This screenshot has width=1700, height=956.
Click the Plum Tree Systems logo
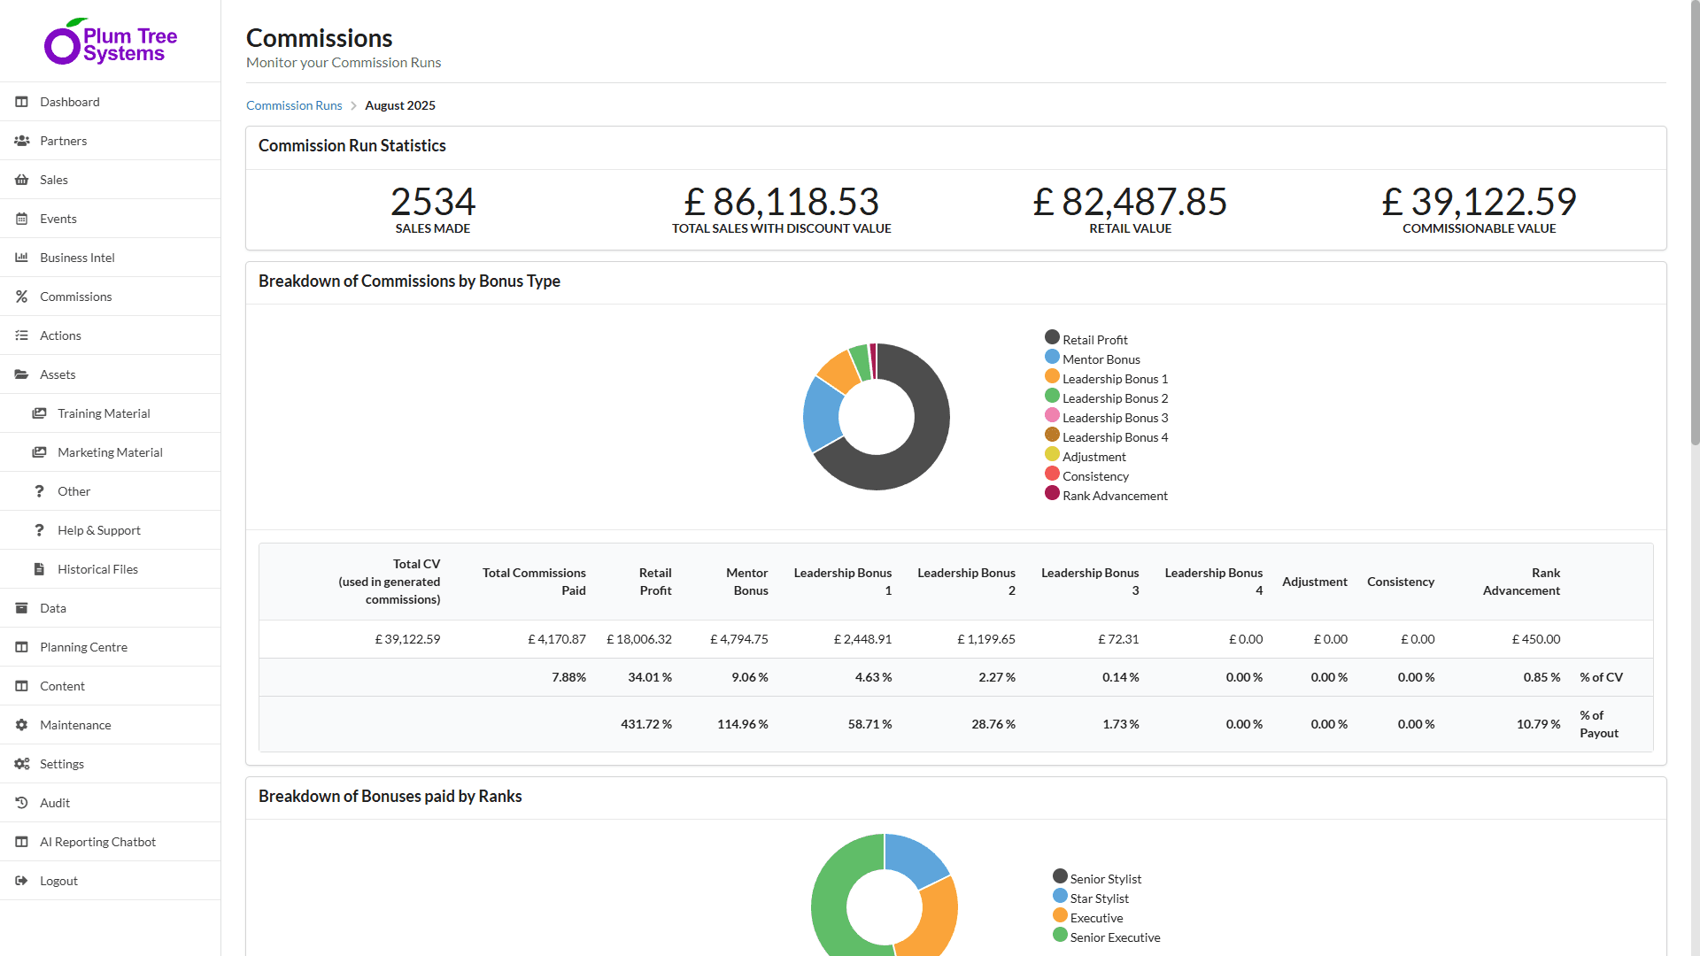click(x=111, y=42)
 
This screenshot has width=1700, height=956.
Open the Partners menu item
click(x=63, y=141)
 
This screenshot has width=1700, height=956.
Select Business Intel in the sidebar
click(x=77, y=258)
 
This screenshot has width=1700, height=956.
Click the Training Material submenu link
click(x=104, y=413)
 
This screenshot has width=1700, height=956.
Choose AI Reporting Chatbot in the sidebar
click(x=97, y=842)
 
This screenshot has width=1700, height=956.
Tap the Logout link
click(x=58, y=881)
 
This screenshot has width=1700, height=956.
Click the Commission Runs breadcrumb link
click(x=294, y=105)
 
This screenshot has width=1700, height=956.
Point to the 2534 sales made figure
click(x=432, y=202)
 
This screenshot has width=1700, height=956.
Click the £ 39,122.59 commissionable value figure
click(x=1479, y=202)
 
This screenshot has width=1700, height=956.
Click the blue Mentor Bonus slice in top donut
click(x=821, y=414)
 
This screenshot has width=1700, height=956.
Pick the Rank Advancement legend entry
click(x=1114, y=496)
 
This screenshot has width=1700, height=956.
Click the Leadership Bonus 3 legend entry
click(x=1114, y=418)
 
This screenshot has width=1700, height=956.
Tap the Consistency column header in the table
click(x=1400, y=582)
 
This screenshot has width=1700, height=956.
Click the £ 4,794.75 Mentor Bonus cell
click(x=738, y=639)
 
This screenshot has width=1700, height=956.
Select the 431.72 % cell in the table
click(x=645, y=724)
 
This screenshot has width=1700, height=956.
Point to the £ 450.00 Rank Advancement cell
click(x=1535, y=639)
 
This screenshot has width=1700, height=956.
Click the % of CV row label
click(x=1601, y=677)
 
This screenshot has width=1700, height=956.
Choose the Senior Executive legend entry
click(x=1114, y=937)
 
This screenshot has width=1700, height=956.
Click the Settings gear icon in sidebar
click(x=21, y=764)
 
